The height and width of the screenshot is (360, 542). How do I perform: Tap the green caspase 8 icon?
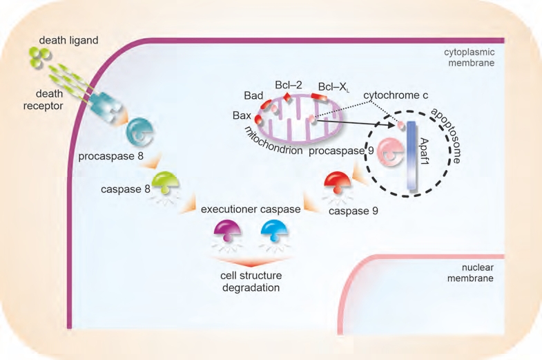tap(165, 182)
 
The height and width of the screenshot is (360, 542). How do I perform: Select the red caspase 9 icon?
tap(338, 182)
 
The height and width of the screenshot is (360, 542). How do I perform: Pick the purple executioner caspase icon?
tap(227, 230)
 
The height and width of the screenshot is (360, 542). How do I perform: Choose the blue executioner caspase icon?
tap(275, 230)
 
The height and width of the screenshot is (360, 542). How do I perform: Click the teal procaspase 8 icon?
tap(139, 132)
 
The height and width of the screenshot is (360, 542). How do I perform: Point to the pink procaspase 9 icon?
tap(390, 152)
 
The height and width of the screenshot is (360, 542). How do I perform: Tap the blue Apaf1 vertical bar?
tap(411, 155)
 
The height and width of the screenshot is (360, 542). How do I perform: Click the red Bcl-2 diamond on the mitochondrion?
tap(288, 97)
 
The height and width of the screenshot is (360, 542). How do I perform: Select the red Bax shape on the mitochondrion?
tap(258, 120)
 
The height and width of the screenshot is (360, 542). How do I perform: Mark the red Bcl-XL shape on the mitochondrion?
tap(318, 97)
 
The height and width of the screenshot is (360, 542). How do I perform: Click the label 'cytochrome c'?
tap(396, 95)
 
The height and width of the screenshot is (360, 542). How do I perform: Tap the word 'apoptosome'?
tap(446, 135)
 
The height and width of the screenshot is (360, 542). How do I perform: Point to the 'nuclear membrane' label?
tap(470, 273)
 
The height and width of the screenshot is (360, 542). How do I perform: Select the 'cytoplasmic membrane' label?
tap(470, 57)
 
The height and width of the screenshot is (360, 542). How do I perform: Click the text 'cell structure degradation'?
tap(251, 281)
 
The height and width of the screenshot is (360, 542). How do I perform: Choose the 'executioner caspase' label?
tap(251, 209)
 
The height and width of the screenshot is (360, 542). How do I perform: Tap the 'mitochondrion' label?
tap(273, 141)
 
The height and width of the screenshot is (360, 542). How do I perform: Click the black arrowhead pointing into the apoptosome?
tap(391, 125)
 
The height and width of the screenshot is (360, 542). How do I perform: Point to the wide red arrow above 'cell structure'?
tap(251, 261)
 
